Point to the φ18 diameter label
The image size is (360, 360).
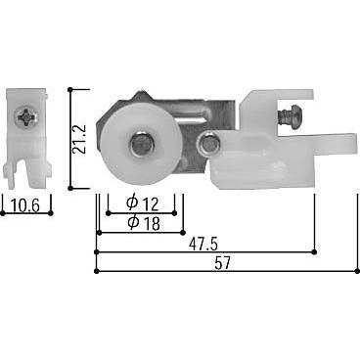click(143, 222)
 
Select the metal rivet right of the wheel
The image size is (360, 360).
click(206, 146)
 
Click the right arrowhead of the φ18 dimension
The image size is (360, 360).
click(183, 233)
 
